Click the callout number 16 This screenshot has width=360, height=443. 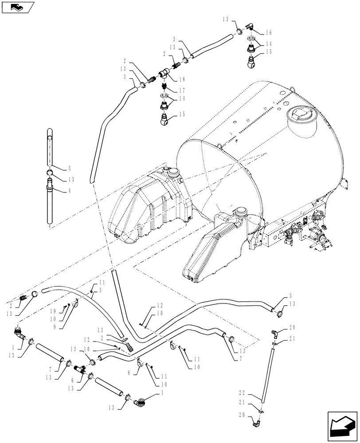[270, 33]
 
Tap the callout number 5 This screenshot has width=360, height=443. [69, 168]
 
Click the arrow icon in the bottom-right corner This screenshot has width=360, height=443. [341, 425]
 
